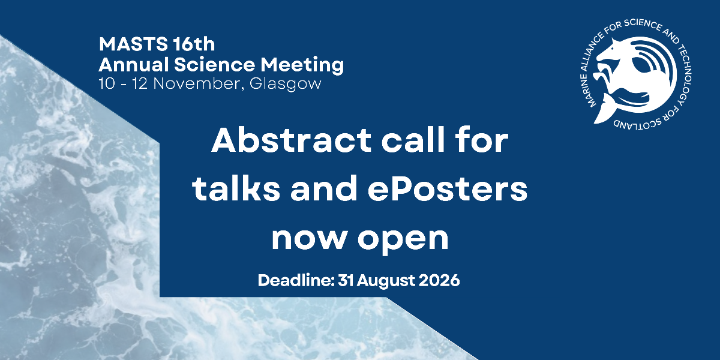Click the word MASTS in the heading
[133, 44]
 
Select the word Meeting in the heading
[302, 65]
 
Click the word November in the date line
[196, 84]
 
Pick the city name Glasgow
[285, 85]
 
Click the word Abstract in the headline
[291, 140]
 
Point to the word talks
[236, 188]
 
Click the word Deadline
[295, 280]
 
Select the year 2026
[439, 280]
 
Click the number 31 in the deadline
[345, 280]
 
